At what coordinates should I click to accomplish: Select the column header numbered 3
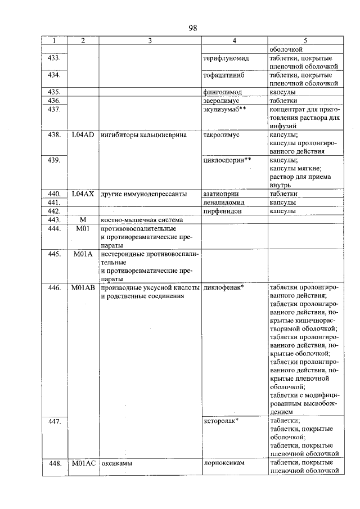coord(150,40)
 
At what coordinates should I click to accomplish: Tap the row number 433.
coord(55,58)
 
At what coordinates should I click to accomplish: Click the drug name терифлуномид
coord(226,58)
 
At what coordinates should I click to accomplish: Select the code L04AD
coord(83,136)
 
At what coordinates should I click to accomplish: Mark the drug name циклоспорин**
coord(227,160)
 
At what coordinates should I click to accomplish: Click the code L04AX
coord(83,194)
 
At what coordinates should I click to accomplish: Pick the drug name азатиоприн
coord(223,194)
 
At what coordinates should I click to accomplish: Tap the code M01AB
coord(83,288)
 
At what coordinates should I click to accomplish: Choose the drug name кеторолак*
coord(222,421)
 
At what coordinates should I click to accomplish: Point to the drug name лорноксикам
coord(224,463)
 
